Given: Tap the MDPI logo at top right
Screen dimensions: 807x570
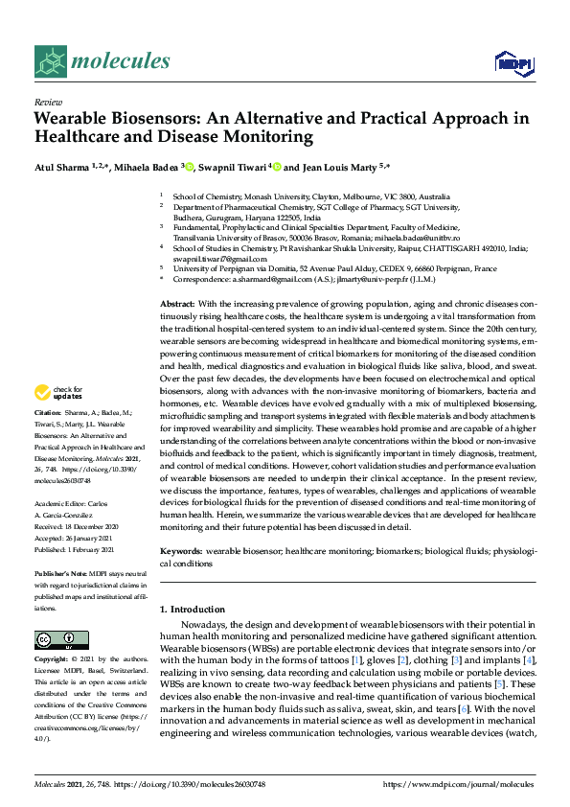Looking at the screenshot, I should tap(512, 63).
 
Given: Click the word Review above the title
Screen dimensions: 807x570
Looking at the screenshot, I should tap(47, 102).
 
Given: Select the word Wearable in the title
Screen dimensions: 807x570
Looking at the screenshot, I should tap(74, 119).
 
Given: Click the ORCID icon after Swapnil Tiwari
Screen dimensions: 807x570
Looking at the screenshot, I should tap(277, 167).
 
